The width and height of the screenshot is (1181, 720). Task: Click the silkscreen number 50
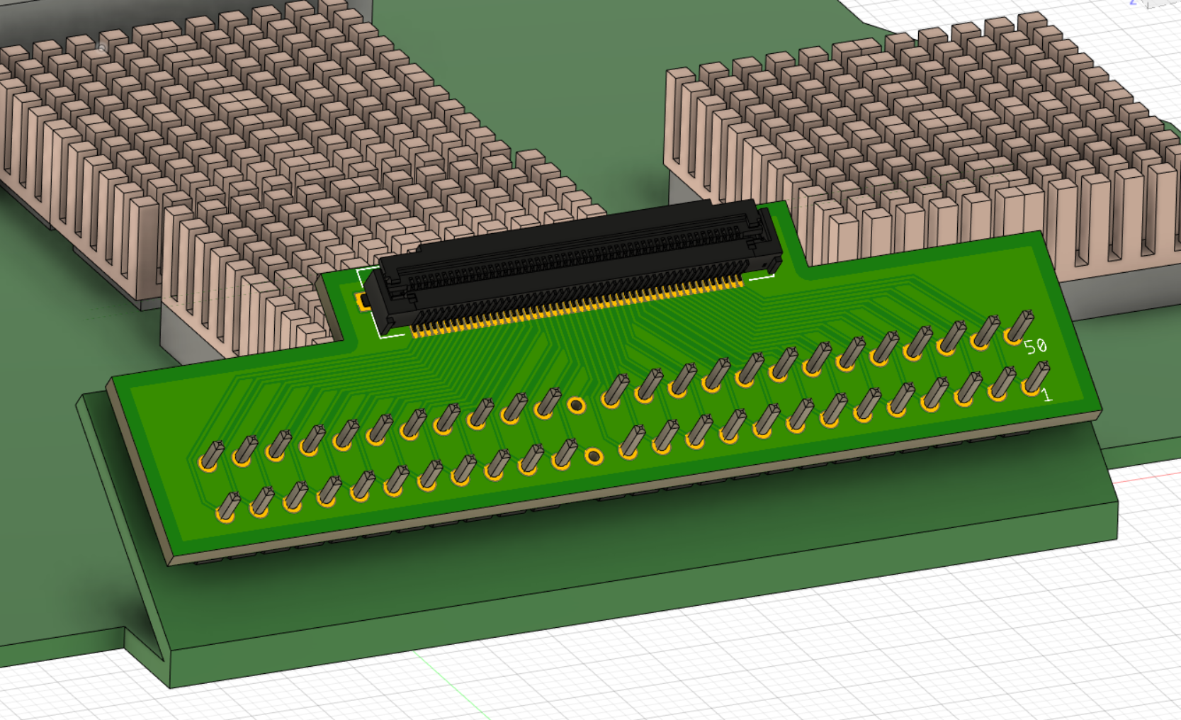coord(1035,346)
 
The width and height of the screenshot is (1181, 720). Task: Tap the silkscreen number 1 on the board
coord(1047,395)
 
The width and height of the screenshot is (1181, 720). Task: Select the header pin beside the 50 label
coord(1019,327)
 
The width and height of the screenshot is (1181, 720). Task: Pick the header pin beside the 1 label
coord(1034,378)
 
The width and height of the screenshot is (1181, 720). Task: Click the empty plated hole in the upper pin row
coord(576,405)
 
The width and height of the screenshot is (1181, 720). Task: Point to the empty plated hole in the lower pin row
coord(594,456)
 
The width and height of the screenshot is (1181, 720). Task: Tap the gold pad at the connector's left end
coord(362,300)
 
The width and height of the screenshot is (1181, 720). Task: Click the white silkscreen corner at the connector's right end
coord(762,276)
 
